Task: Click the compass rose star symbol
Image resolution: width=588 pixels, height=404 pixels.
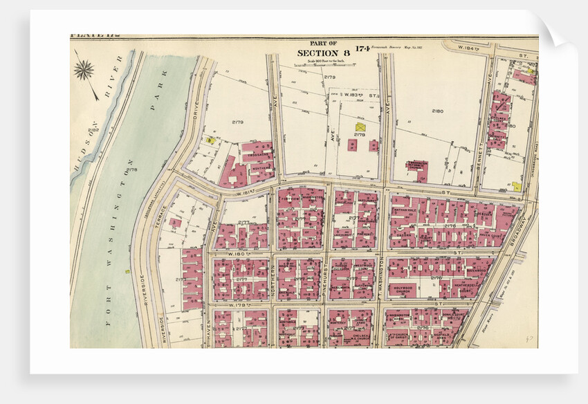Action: [84, 69]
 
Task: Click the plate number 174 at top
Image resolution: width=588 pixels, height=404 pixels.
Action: [362, 48]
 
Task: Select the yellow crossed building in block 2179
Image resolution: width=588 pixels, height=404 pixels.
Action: [360, 127]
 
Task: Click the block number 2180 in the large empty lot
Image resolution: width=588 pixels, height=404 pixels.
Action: [437, 111]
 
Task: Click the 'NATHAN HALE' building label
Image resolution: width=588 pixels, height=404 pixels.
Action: [403, 209]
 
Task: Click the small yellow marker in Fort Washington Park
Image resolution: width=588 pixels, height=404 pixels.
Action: [127, 271]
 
